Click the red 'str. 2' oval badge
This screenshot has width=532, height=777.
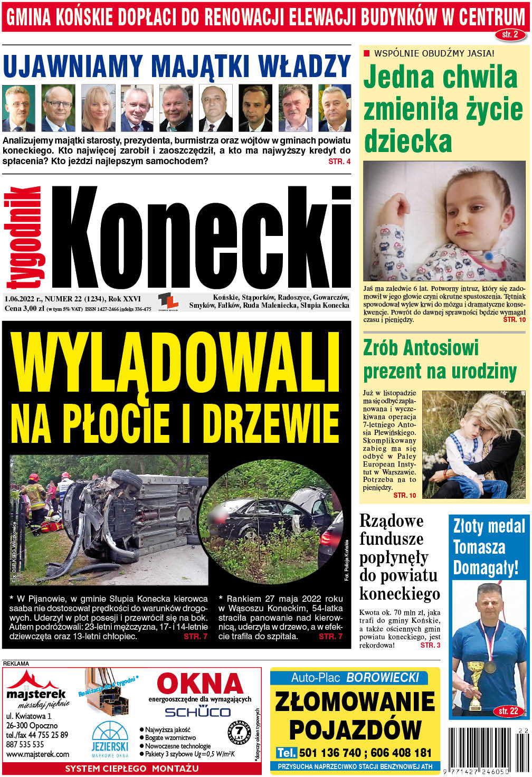[510, 35]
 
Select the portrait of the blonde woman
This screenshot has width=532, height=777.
[98, 108]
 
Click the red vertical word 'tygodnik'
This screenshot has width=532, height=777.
[25, 236]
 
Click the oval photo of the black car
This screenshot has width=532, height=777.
[271, 520]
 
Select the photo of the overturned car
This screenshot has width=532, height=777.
[109, 520]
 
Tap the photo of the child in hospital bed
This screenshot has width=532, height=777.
[444, 221]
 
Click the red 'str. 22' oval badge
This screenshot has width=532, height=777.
[508, 711]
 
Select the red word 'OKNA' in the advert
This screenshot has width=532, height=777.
[200, 684]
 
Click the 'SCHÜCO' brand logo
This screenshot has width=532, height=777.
[197, 712]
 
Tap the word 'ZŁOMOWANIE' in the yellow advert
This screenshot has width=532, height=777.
[355, 702]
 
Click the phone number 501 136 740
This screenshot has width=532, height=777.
[331, 752]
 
